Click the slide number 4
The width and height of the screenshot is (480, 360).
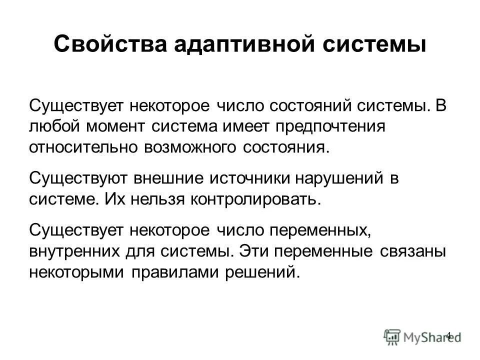point(448,335)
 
